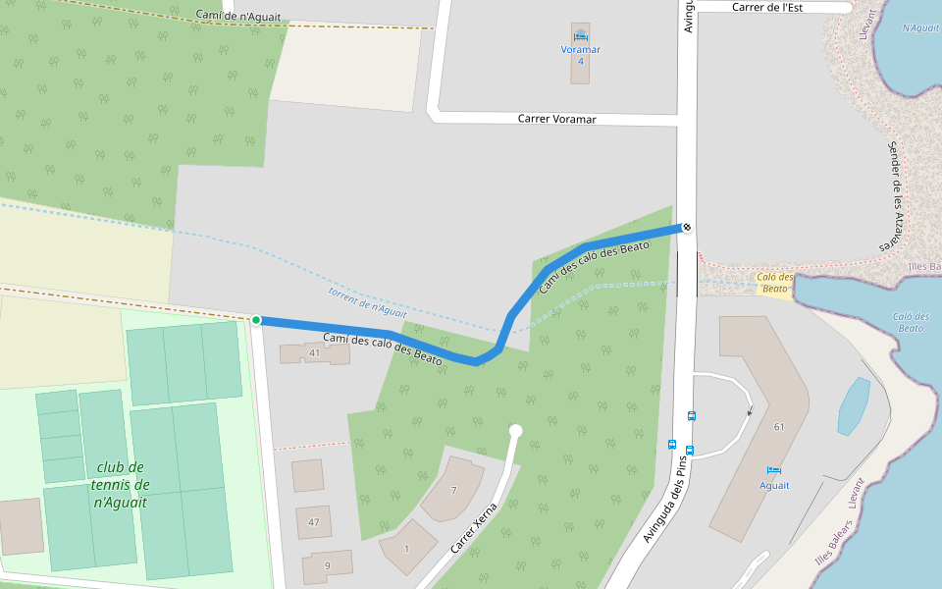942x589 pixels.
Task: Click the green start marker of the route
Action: (x=256, y=320)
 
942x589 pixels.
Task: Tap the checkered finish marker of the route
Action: (x=688, y=228)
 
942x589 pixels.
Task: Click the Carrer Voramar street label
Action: (x=557, y=119)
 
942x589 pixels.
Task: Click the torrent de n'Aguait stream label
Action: (x=367, y=302)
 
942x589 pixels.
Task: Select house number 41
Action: (x=315, y=352)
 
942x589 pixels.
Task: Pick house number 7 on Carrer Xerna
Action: (x=453, y=490)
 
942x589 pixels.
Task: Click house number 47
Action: (x=314, y=522)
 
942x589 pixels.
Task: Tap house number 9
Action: (x=327, y=566)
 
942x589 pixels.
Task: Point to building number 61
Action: (x=779, y=427)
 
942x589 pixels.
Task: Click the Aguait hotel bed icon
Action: (x=774, y=470)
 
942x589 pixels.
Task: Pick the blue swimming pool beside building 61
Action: (x=853, y=405)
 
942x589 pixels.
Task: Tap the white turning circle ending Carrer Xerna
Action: (x=515, y=430)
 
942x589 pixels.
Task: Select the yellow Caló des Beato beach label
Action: (x=775, y=283)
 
